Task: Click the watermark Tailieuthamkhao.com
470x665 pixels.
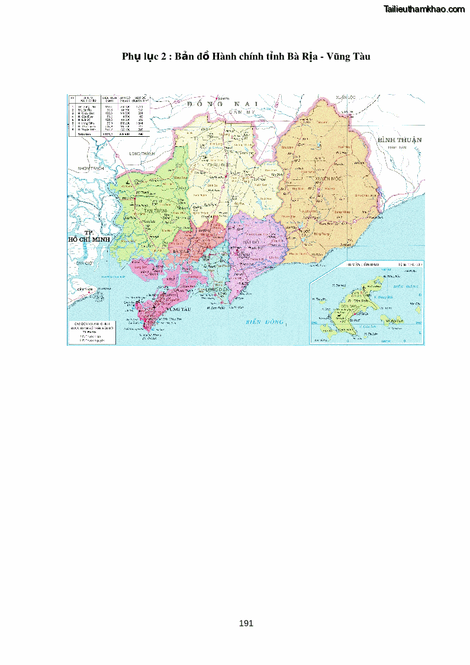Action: [x=424, y=9]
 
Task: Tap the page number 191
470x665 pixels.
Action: [x=246, y=623]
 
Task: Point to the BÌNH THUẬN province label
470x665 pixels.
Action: [x=400, y=140]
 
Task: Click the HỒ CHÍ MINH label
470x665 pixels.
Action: [x=89, y=239]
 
